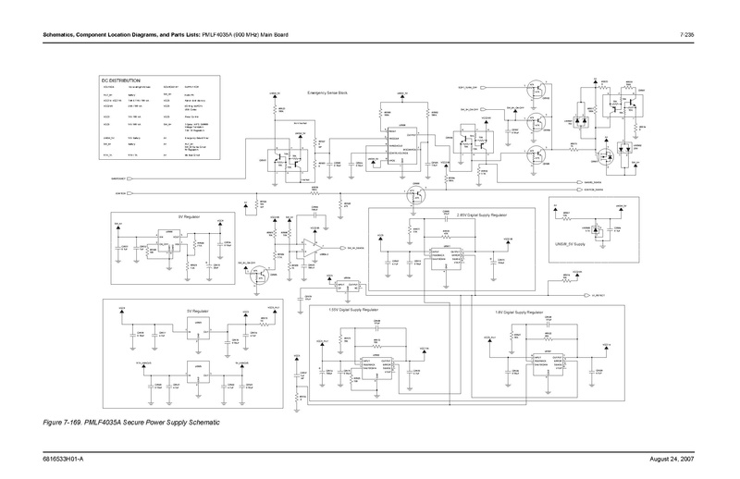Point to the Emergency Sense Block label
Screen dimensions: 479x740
(329, 94)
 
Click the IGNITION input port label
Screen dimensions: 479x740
(119, 193)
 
